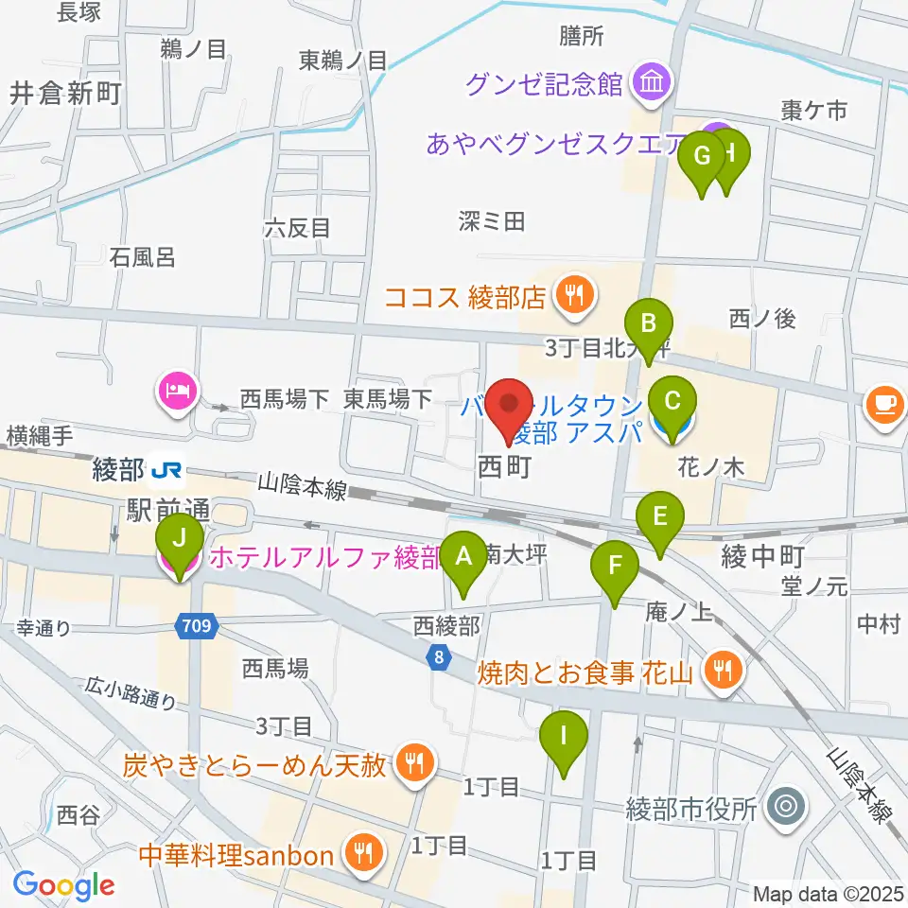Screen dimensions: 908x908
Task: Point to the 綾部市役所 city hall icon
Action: tap(784, 809)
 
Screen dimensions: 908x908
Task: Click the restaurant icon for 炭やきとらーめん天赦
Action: tap(412, 761)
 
